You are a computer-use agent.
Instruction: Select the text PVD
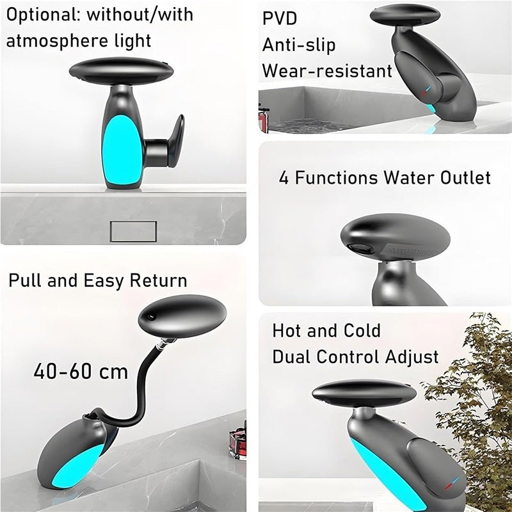pos(280,19)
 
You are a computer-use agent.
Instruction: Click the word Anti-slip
pos(299,45)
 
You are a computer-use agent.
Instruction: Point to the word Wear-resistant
pos(327,70)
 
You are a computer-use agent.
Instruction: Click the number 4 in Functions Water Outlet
pos(284,177)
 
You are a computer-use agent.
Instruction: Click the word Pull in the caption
pos(23,280)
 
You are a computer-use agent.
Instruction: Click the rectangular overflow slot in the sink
pos(133,230)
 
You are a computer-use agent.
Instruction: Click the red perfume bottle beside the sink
pos(237,442)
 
